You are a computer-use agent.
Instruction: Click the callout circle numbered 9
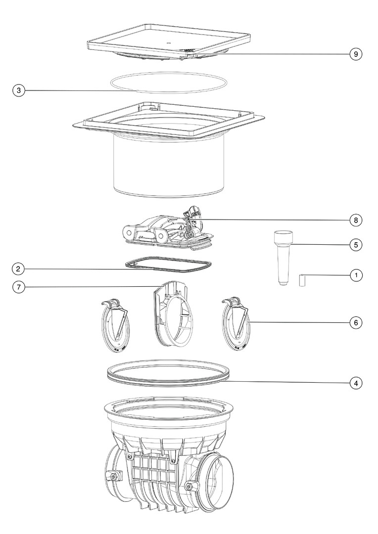pos(356,54)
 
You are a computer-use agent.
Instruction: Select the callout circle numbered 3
pos(19,90)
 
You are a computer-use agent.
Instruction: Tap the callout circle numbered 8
pos(356,220)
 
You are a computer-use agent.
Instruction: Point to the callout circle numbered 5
pos(356,245)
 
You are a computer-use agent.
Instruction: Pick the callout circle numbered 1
pos(356,275)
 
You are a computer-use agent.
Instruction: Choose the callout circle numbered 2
pos(18,269)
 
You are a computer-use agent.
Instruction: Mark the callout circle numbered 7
pos(19,287)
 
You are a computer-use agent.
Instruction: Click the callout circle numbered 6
pos(356,322)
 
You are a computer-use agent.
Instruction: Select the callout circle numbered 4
pos(356,383)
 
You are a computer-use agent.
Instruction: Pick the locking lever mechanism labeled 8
pos(169,229)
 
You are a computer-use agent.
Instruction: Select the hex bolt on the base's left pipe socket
pos(111,476)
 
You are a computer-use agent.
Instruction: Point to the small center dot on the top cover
pos(168,43)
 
